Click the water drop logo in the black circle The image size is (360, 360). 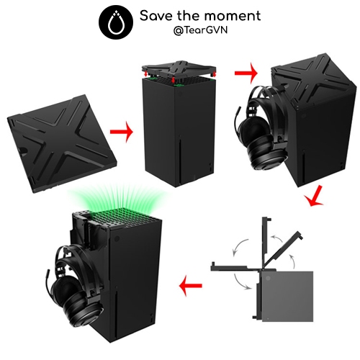tap(116, 24)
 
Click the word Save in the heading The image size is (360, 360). tap(156, 16)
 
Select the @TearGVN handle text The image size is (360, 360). tap(200, 30)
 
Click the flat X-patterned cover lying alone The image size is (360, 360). tap(62, 143)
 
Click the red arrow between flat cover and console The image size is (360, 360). tap(122, 132)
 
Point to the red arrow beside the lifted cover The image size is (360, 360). tap(246, 73)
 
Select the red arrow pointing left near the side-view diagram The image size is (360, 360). tap(191, 286)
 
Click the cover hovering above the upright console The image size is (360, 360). tap(179, 70)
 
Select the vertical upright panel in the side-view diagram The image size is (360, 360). tap(265, 243)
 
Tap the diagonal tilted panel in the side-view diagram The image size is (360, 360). tap(283, 250)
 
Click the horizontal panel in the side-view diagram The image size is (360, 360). tap(236, 268)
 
